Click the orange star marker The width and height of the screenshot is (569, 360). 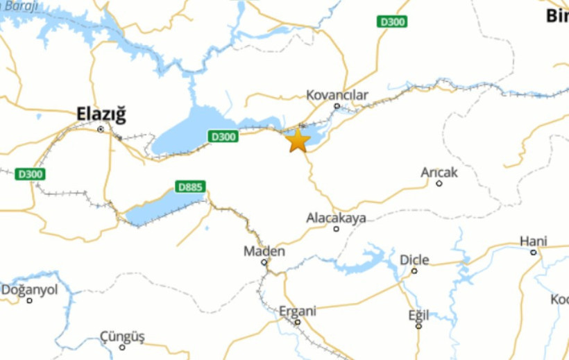[x=298, y=141]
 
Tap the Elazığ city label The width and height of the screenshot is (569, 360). [x=101, y=114]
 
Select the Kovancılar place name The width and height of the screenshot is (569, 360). [x=337, y=95]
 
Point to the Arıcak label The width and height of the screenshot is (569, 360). [x=439, y=172]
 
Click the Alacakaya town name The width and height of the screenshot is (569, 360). [x=336, y=218]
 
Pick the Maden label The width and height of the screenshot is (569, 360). [x=264, y=251]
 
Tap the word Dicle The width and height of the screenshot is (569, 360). [x=414, y=260]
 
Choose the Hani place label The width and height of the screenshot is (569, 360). [x=534, y=241]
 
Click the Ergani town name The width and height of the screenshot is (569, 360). [x=297, y=311]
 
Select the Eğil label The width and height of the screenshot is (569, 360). [x=418, y=314]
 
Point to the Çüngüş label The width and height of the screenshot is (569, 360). [x=122, y=336]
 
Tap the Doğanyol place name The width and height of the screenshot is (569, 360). [x=29, y=290]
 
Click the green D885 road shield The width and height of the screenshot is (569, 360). [x=191, y=187]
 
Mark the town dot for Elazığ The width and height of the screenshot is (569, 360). [x=101, y=129]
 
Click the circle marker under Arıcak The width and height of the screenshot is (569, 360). [x=439, y=183]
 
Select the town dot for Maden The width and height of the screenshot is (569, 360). [x=264, y=262]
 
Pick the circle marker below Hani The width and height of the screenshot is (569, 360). [x=534, y=252]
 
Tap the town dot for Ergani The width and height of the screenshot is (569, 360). [x=297, y=322]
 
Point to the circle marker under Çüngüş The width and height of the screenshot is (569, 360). [x=122, y=347]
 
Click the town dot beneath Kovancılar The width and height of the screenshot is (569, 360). [x=337, y=106]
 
